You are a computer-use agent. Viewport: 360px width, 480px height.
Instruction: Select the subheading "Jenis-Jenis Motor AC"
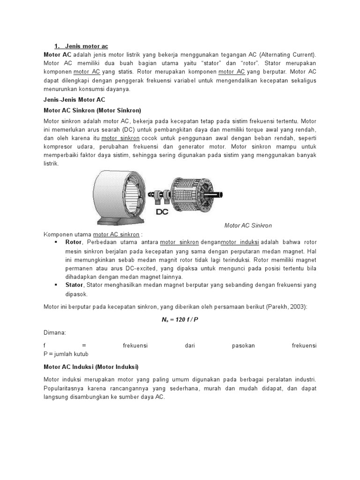pyautogui.click(x=75, y=100)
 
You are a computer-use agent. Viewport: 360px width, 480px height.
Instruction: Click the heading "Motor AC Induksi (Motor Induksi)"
pyautogui.click(x=91, y=367)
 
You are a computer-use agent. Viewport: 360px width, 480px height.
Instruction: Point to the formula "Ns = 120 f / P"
pyautogui.click(x=180, y=319)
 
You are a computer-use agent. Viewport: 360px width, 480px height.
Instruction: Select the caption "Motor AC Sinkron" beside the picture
pyautogui.click(x=248, y=225)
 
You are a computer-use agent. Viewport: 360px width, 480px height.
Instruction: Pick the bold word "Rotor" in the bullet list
pyautogui.click(x=74, y=242)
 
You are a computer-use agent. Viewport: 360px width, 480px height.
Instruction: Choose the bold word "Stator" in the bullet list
pyautogui.click(x=74, y=285)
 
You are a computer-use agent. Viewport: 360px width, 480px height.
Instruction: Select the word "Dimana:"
pyautogui.click(x=55, y=332)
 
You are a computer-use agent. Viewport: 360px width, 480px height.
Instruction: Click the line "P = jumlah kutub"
pyautogui.click(x=66, y=354)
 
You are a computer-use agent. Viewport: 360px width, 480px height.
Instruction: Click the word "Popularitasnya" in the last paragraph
pyautogui.click(x=64, y=388)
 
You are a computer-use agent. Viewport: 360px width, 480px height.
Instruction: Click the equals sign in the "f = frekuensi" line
pyautogui.click(x=84, y=345)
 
